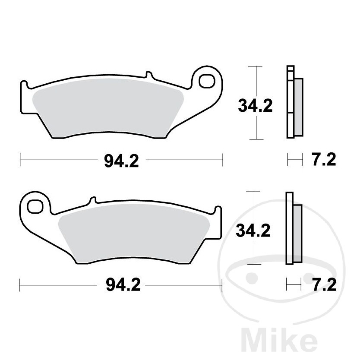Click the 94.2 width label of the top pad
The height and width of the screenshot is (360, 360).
121,161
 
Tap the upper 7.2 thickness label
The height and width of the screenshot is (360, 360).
323,160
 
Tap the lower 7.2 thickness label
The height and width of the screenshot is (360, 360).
323,285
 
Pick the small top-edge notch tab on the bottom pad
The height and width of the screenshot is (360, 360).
92,201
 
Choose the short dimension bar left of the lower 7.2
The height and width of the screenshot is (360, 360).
294,284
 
